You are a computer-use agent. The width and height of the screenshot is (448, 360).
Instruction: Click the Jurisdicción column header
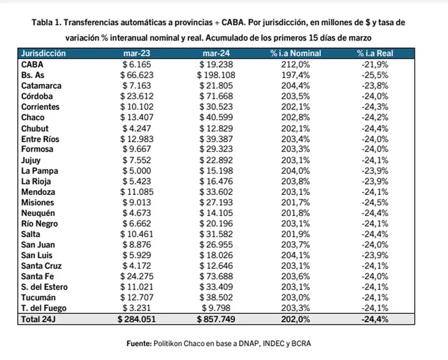coord(44,53)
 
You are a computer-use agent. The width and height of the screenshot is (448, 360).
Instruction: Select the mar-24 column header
coord(216,53)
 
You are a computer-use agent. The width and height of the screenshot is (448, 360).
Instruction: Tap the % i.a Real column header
coord(375,53)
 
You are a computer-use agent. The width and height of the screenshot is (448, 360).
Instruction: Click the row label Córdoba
coord(37,96)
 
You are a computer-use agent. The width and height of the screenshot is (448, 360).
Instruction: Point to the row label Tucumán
coord(38,297)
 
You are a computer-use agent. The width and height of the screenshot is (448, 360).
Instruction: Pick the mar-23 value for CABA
coord(137,64)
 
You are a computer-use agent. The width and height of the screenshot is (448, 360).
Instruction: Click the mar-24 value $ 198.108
coord(216,75)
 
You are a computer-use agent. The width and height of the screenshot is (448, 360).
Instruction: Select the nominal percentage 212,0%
coord(295,64)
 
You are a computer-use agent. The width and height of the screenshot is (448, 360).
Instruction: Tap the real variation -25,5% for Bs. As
coord(375,75)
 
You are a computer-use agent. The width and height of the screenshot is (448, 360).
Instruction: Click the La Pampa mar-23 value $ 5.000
coord(137,170)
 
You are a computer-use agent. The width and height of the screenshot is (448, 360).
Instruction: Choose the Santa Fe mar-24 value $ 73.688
coord(216,277)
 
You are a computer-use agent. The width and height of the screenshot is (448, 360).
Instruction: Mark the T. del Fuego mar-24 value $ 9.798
coord(216,308)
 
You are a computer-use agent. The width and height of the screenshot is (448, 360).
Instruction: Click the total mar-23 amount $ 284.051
coord(137,319)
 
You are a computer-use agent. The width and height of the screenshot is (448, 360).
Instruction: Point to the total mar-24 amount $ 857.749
coord(216,319)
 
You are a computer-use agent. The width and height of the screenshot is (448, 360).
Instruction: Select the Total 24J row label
coord(38,319)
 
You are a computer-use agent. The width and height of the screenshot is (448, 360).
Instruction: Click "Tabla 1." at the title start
coord(47,22)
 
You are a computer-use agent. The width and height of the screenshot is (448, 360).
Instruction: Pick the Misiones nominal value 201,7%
coord(295,202)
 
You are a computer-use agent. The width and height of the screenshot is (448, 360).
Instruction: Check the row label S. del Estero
coord(44,287)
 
